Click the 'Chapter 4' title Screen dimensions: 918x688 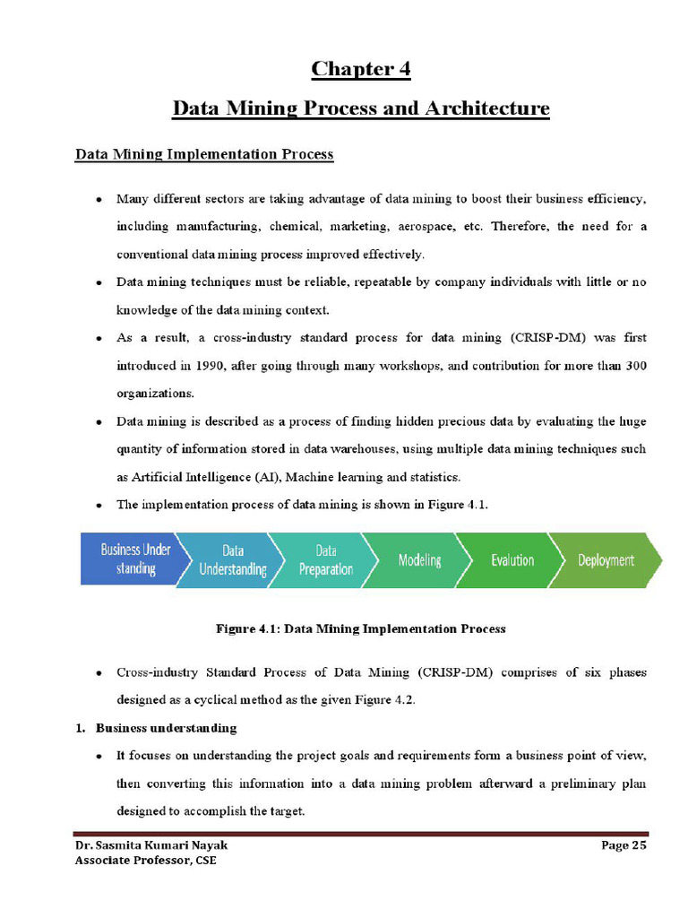pyautogui.click(x=360, y=69)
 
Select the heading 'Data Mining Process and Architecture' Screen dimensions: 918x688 pyautogui.click(x=360, y=108)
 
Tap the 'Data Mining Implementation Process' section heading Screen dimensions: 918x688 pyautogui.click(x=203, y=154)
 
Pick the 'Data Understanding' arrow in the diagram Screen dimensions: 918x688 pyautogui.click(x=232, y=559)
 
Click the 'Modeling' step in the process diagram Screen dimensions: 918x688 pyautogui.click(x=419, y=559)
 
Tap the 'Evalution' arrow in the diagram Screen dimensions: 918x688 pyautogui.click(x=512, y=559)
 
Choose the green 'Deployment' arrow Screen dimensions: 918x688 pyautogui.click(x=606, y=559)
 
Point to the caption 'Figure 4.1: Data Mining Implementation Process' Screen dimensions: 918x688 pyautogui.click(x=360, y=628)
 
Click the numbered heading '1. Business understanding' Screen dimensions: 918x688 pyautogui.click(x=156, y=727)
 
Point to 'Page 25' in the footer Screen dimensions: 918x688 pyautogui.click(x=623, y=844)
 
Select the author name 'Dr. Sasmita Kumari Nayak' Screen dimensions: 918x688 pyautogui.click(x=144, y=844)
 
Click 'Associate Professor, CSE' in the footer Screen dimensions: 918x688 pyautogui.click(x=144, y=861)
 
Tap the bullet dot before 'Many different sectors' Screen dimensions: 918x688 pyautogui.click(x=98, y=199)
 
